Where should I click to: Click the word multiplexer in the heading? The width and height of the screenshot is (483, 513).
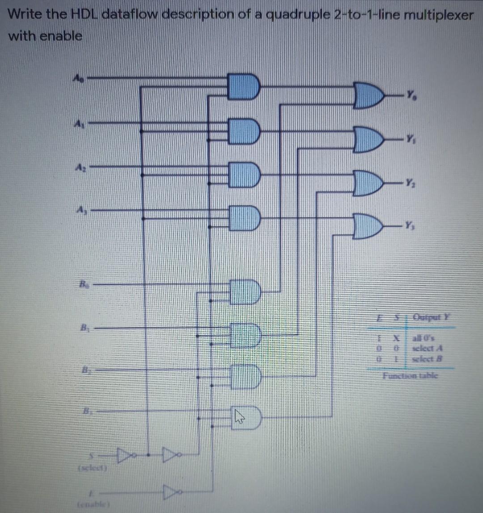tap(439, 15)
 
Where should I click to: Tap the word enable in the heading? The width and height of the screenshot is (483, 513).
tap(61, 36)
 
